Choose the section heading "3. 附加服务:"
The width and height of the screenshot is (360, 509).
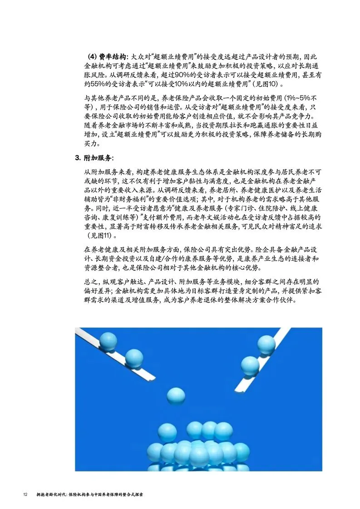(94, 158)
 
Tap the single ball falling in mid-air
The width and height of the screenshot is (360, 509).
(176, 396)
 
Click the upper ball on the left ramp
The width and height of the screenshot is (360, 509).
(108, 341)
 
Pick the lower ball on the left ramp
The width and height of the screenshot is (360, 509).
(134, 358)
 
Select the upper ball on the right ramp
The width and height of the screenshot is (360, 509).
(266, 344)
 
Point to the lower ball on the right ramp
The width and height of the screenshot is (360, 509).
(250, 365)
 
